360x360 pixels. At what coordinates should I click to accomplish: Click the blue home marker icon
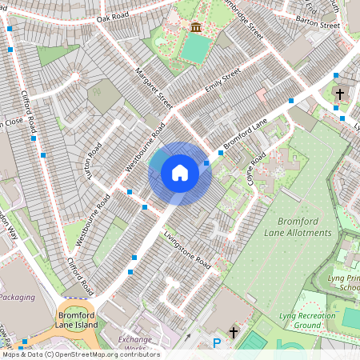point(180,173)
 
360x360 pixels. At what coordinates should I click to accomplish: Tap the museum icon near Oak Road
point(196,29)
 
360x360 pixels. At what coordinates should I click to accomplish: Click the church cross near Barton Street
point(339,94)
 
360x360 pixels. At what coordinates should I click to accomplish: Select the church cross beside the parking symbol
point(234,331)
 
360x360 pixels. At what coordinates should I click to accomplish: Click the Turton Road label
point(95,161)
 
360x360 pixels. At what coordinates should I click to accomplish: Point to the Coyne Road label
point(255,169)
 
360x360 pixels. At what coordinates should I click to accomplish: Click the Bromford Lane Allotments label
point(297,226)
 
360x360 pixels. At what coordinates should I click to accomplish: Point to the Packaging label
point(17,297)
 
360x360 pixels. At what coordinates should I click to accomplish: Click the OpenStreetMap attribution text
point(80,354)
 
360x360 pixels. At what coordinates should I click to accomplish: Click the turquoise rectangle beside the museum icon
point(194,49)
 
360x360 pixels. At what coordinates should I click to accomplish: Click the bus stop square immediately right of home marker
point(206,163)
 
